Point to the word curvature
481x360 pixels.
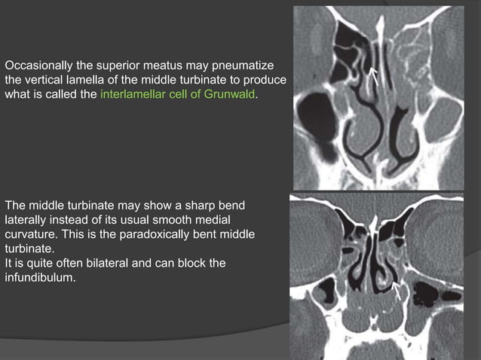click(31, 233)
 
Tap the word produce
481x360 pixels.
click(268, 80)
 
